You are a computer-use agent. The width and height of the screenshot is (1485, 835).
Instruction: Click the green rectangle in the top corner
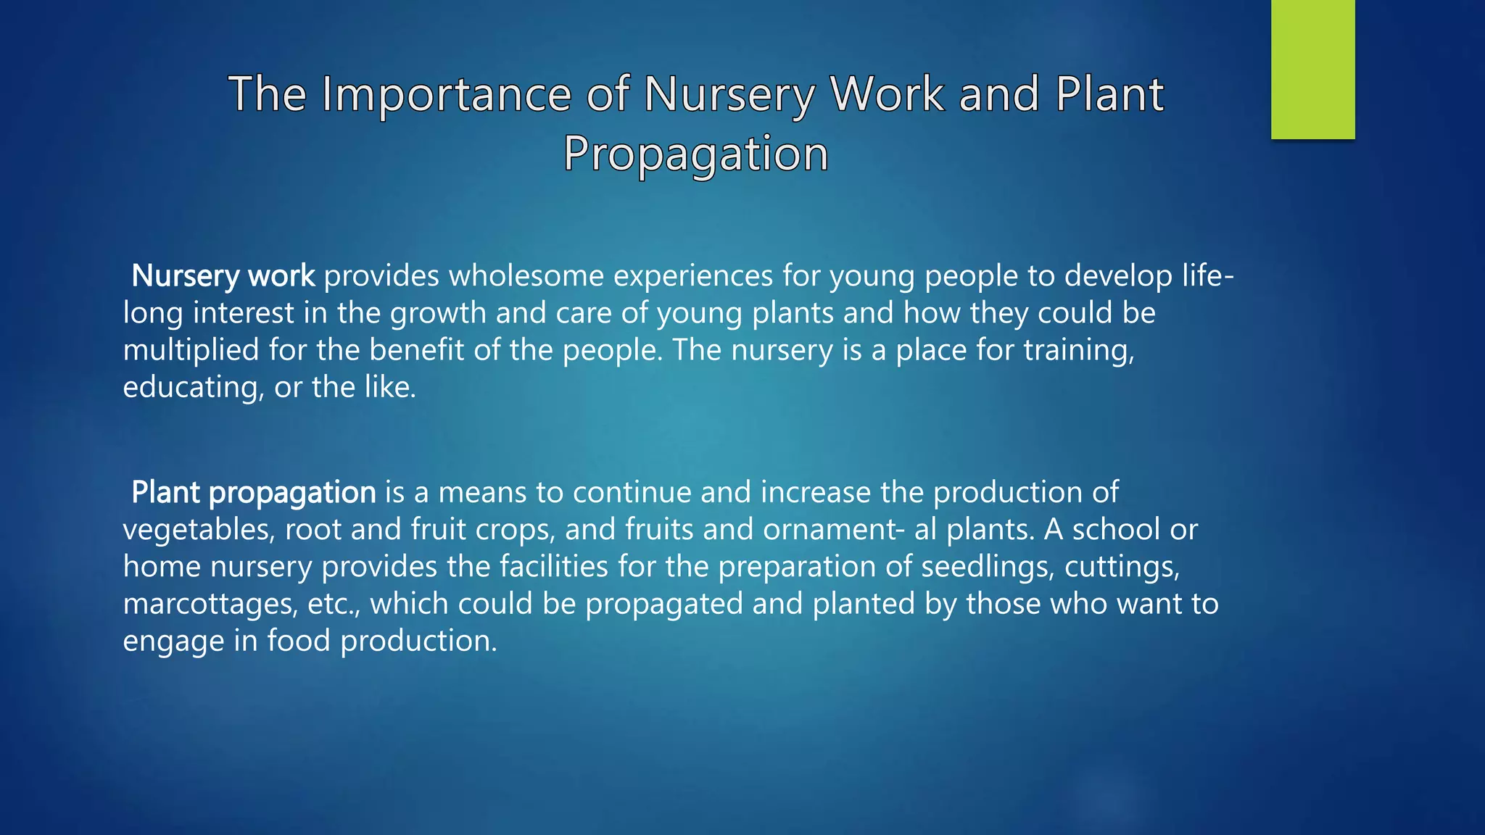(1312, 69)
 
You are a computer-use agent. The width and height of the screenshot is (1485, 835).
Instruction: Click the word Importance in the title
(447, 94)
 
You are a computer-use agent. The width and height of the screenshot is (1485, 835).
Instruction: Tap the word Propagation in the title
(695, 154)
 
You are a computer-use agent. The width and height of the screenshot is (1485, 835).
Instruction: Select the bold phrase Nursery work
(223, 276)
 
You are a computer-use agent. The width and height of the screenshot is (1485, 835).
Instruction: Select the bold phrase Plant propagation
(254, 493)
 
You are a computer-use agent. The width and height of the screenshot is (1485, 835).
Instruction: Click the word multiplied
(191, 351)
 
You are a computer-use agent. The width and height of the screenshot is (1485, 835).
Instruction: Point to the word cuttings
(1122, 567)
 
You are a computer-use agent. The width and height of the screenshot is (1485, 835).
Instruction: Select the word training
(1078, 351)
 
